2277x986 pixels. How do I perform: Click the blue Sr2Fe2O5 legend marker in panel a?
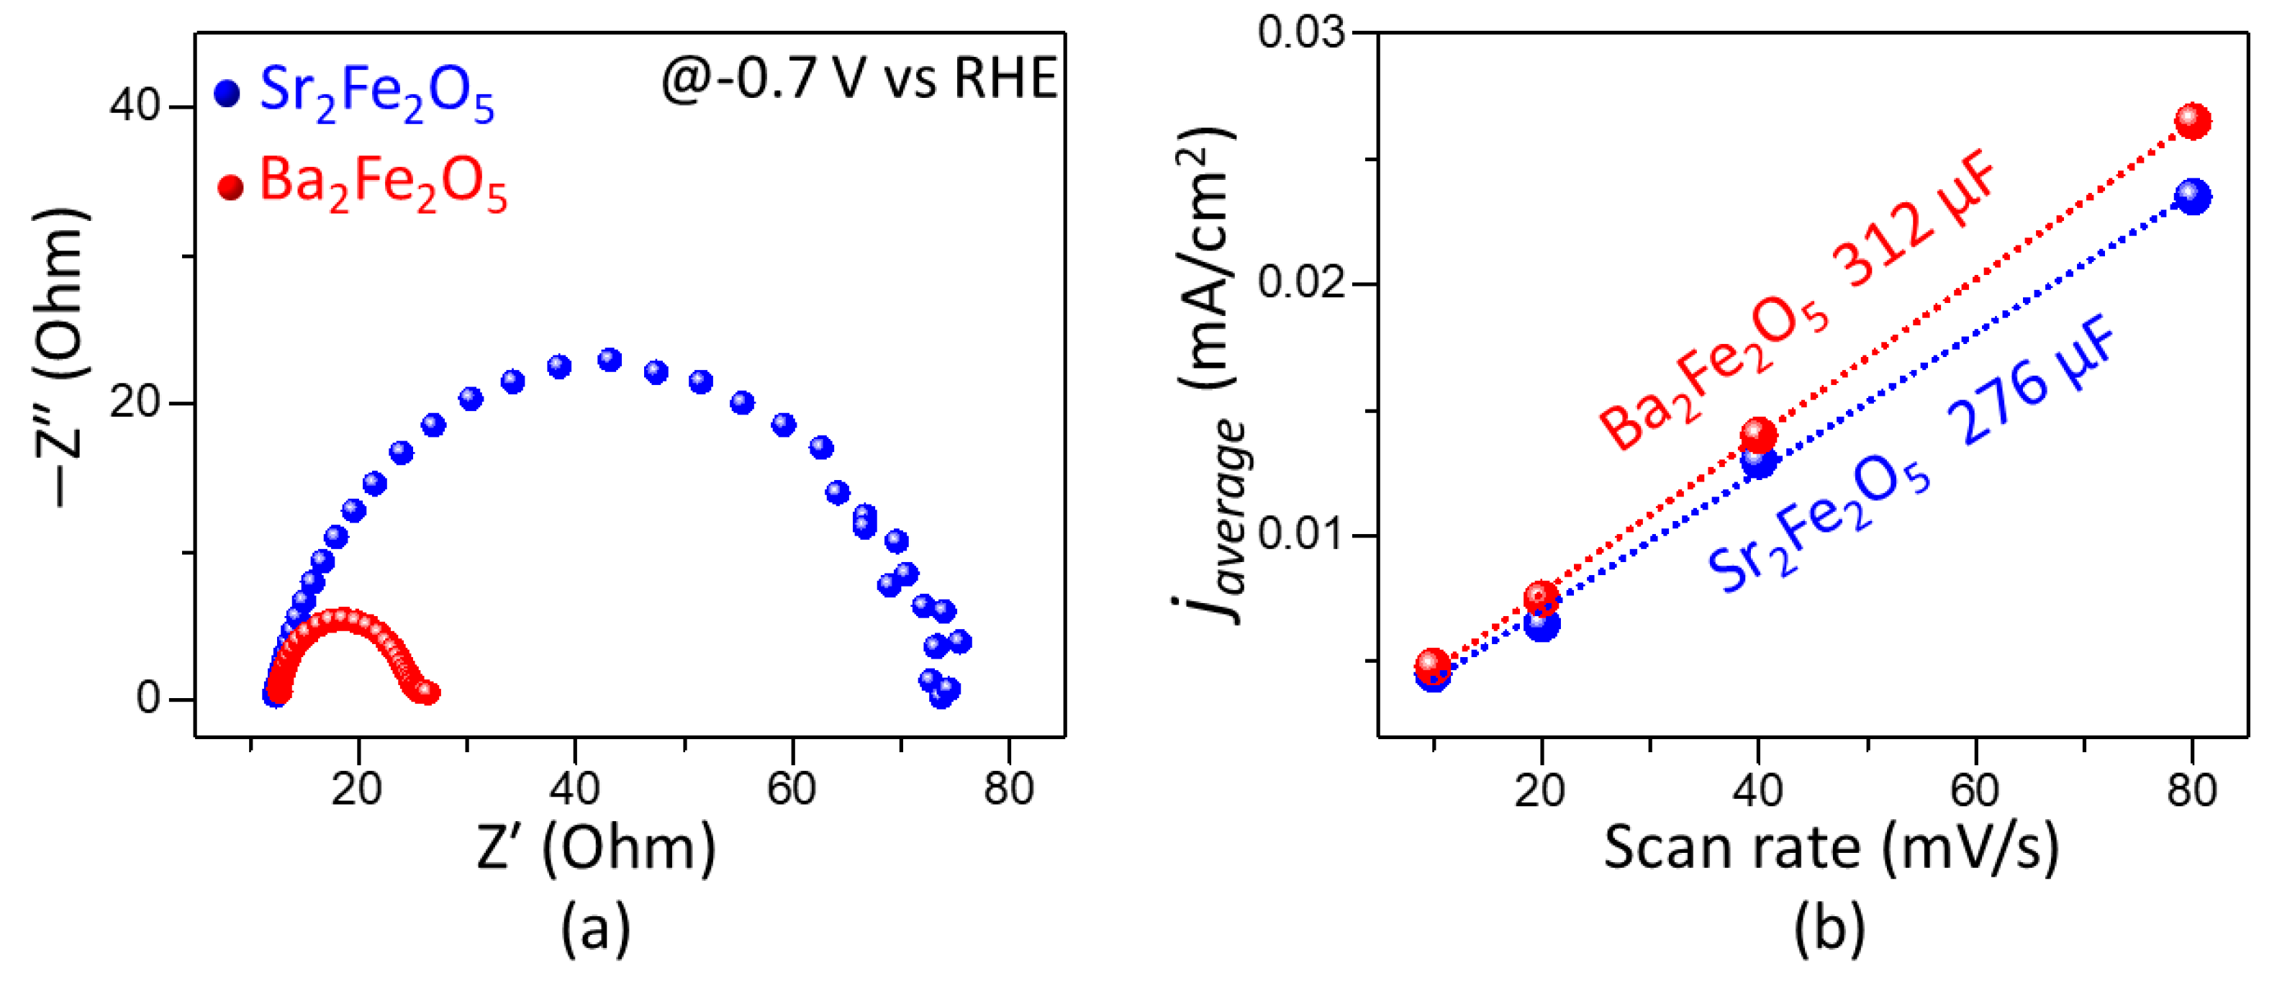point(228,94)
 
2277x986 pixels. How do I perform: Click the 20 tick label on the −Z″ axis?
point(135,403)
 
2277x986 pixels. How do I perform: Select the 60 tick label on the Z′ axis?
point(791,788)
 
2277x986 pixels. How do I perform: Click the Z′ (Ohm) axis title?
point(596,848)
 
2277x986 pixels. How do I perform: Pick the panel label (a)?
point(596,928)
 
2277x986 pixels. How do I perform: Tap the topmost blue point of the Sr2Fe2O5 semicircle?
point(609,360)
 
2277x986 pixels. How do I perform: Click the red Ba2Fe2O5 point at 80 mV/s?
point(2193,120)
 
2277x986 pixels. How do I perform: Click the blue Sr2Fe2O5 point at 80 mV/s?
point(2193,196)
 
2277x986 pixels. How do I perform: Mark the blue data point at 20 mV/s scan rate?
point(1542,624)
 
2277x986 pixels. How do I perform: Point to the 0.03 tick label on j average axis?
point(1300,32)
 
